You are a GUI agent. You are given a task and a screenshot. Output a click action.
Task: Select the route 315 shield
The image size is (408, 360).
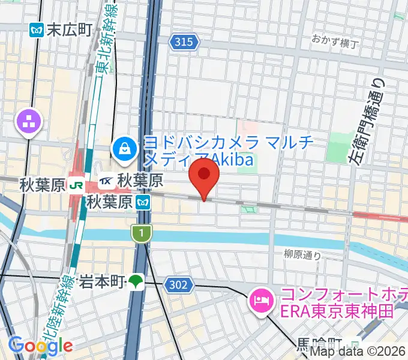coord(183,41)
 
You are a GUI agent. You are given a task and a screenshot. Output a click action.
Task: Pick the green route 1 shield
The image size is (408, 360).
coord(140,233)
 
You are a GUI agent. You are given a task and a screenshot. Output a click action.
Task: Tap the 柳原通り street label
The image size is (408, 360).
coord(304,255)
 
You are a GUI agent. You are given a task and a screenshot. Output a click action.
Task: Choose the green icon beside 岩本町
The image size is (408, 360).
coord(137,281)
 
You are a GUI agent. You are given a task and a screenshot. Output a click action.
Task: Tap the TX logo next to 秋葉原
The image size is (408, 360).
coord(107,179)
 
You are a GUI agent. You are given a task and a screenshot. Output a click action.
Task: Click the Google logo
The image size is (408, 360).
coord(41,345)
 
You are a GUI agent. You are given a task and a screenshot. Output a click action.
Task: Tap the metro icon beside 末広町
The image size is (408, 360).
coord(36,29)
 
